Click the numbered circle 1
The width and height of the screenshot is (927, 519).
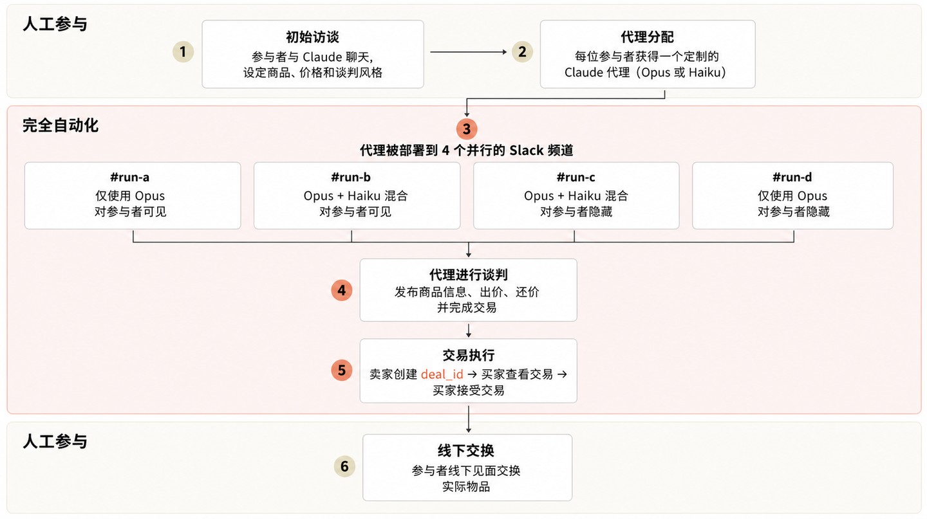[183, 51]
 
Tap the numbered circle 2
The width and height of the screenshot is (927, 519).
[522, 51]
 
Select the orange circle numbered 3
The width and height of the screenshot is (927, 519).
[467, 129]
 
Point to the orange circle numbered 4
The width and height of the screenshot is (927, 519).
[342, 290]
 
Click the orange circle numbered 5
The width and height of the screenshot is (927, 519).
[342, 370]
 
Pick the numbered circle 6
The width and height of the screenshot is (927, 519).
[344, 466]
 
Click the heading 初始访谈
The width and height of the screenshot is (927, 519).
[312, 37]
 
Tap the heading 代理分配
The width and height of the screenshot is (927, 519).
[647, 37]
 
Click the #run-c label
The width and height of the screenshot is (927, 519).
[576, 178]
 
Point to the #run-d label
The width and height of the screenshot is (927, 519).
[792, 178]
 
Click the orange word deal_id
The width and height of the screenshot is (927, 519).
[442, 374]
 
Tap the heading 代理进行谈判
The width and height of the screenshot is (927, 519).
[468, 275]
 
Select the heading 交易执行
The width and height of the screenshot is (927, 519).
[468, 355]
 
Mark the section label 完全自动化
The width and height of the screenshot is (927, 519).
[61, 125]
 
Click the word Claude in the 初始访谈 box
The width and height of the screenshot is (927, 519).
[322, 57]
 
